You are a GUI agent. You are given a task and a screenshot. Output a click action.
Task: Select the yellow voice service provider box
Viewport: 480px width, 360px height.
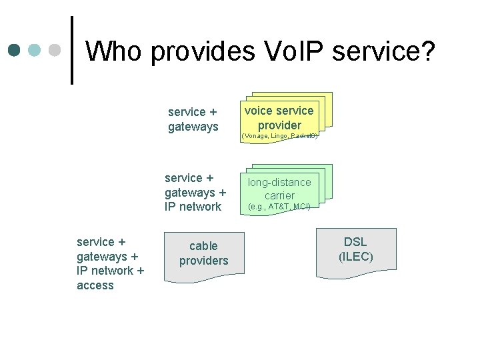click(279, 117)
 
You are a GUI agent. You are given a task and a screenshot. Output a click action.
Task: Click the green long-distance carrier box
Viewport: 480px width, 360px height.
click(279, 188)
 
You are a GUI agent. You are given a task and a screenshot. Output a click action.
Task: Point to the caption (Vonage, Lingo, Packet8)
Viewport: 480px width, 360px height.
click(279, 135)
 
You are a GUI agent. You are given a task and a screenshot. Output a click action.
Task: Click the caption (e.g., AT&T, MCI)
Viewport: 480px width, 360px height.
click(279, 207)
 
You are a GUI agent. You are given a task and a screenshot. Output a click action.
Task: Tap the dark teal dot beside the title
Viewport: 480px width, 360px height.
click(15, 51)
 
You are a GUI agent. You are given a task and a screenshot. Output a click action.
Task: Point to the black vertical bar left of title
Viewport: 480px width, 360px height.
click(72, 51)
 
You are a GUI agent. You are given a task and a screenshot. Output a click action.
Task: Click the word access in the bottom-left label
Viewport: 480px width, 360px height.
click(95, 285)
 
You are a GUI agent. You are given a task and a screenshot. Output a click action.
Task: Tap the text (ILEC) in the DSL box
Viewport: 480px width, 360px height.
click(355, 257)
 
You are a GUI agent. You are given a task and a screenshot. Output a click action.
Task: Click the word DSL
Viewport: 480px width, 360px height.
click(355, 242)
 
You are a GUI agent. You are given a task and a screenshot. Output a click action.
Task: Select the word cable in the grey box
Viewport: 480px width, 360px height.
click(203, 246)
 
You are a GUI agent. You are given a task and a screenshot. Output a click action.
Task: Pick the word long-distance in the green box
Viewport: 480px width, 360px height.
click(279, 182)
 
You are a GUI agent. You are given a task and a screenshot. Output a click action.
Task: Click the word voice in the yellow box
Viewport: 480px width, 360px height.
click(259, 111)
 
